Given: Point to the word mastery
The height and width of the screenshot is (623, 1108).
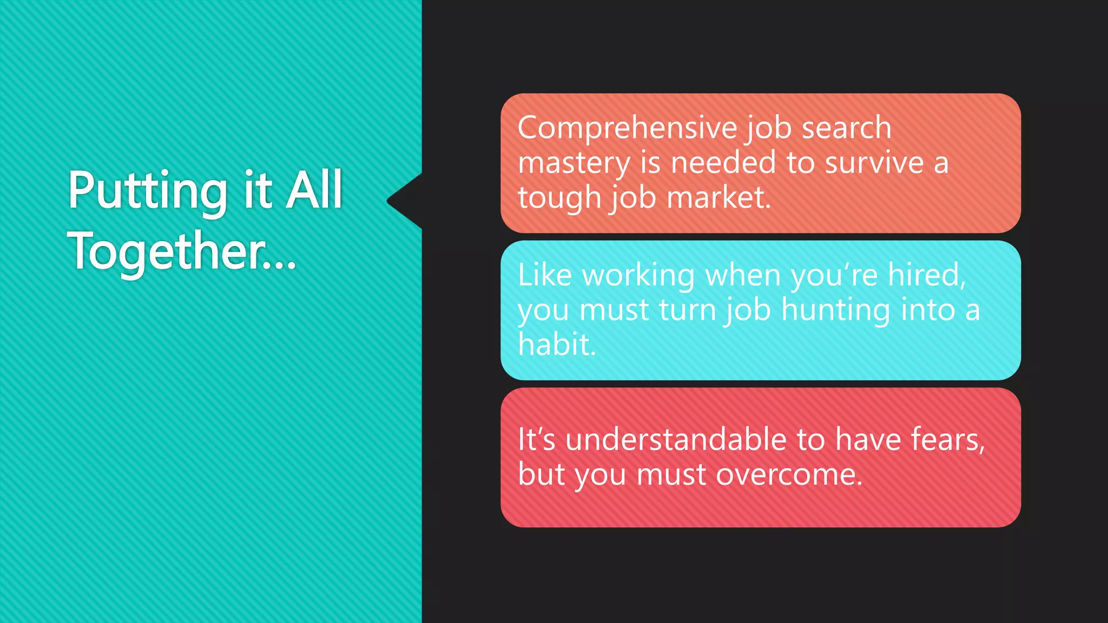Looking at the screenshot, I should [574, 163].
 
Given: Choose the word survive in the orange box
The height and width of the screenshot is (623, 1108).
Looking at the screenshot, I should [874, 163].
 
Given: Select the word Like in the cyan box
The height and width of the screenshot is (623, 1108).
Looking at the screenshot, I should [544, 275].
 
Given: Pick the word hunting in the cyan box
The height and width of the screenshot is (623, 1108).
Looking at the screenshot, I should [835, 310].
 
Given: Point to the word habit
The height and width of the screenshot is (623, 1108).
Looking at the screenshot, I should [556, 344].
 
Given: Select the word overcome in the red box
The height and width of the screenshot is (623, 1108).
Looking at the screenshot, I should [788, 475].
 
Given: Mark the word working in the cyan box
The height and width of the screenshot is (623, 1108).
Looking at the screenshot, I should [638, 276].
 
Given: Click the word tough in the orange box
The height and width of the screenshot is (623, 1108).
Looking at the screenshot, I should [559, 198].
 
